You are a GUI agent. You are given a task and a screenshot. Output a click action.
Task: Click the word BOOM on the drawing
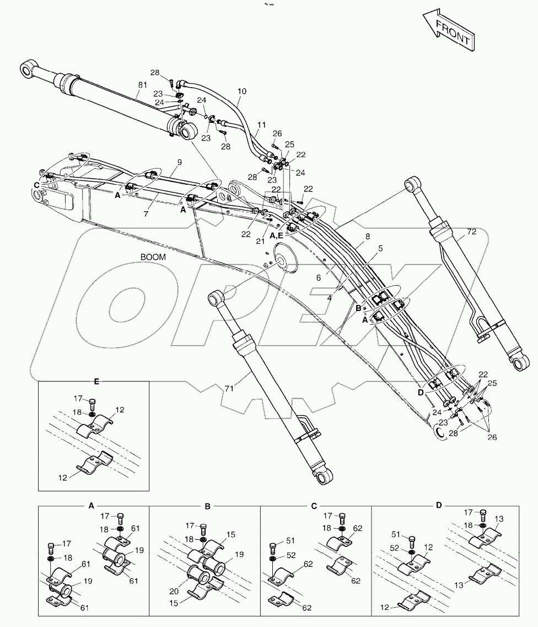click(x=153, y=256)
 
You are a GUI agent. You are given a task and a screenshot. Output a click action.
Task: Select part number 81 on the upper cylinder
click(x=143, y=84)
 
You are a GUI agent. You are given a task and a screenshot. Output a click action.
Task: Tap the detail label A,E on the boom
click(x=277, y=235)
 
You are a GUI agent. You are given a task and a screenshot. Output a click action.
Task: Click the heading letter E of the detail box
click(x=96, y=381)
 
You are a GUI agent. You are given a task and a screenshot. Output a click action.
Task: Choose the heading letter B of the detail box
click(x=207, y=505)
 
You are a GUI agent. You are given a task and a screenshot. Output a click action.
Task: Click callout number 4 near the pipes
click(x=330, y=298)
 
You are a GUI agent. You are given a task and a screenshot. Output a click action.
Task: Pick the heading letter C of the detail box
click(x=314, y=505)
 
